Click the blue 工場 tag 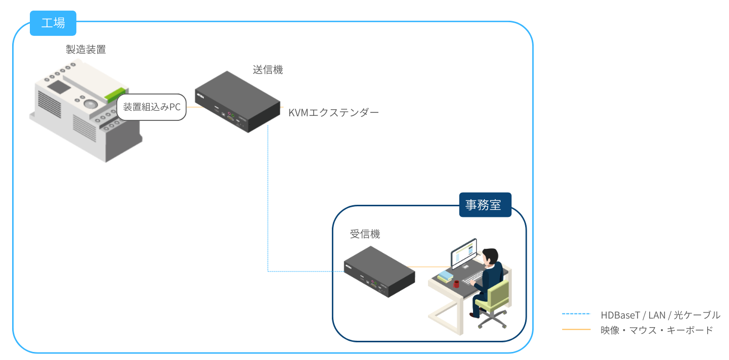(53, 23)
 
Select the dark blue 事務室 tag (485, 205)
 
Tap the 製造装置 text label (86, 50)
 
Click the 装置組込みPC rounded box (152, 108)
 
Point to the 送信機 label (268, 70)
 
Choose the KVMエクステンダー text (333, 113)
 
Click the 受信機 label (365, 234)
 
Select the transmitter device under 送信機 (238, 102)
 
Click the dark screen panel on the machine (59, 87)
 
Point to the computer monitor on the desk (463, 254)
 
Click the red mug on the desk (457, 284)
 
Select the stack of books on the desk (445, 276)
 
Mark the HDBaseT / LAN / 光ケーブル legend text (660, 315)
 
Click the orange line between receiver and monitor (430, 267)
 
